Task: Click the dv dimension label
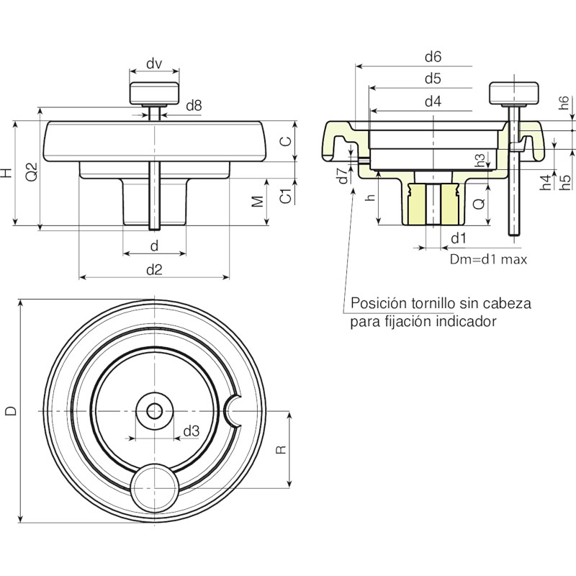click(154, 63)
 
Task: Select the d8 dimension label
click(194, 106)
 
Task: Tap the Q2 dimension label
click(32, 171)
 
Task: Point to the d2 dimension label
click(154, 270)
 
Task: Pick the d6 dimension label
click(433, 57)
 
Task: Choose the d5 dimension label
click(433, 78)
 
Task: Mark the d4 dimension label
click(433, 102)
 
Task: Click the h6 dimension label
click(563, 103)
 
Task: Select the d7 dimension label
click(343, 176)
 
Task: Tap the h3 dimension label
click(480, 160)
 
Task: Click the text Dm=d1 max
click(488, 259)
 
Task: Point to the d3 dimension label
click(191, 431)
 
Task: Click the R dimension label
click(280, 449)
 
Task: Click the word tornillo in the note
click(428, 303)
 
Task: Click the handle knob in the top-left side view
click(154, 94)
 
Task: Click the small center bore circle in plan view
click(155, 411)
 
